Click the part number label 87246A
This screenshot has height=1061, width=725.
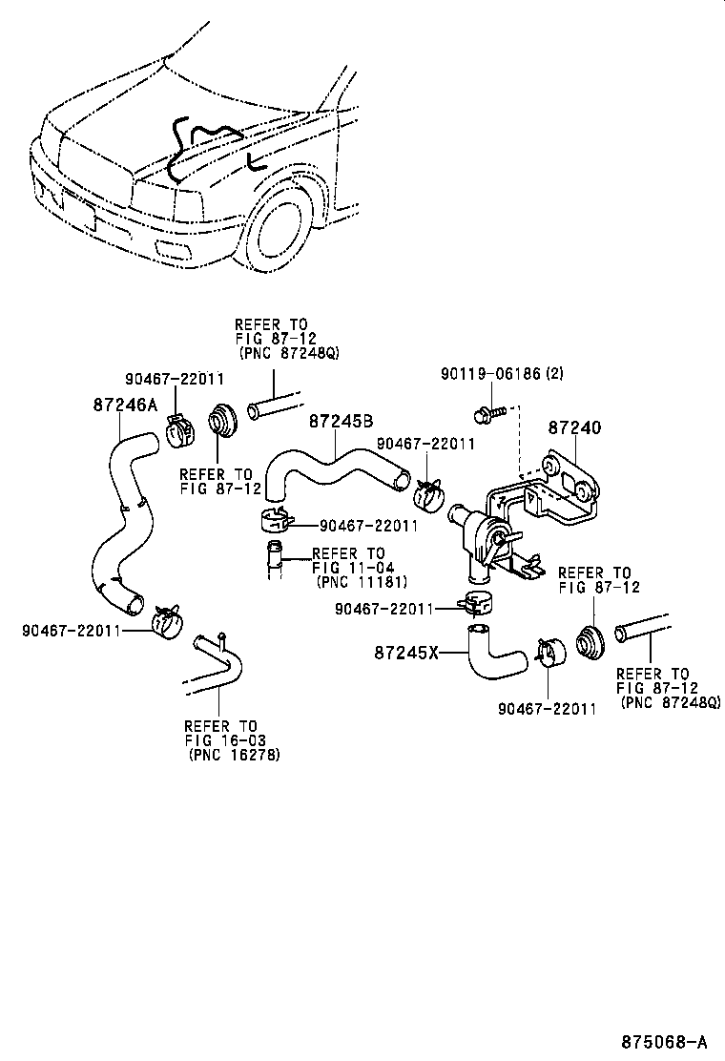[x=124, y=405]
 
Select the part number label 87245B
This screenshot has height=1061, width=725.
[x=339, y=421]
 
